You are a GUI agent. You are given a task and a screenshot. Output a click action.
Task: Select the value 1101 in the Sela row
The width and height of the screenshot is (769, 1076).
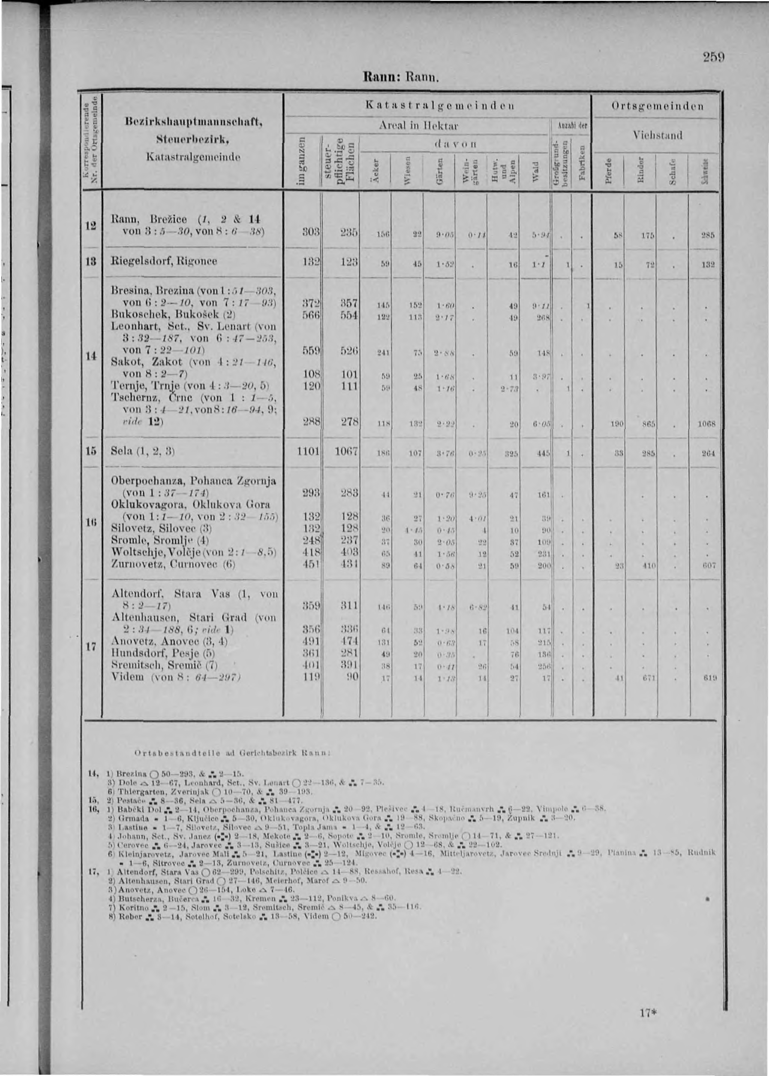tap(308, 451)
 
